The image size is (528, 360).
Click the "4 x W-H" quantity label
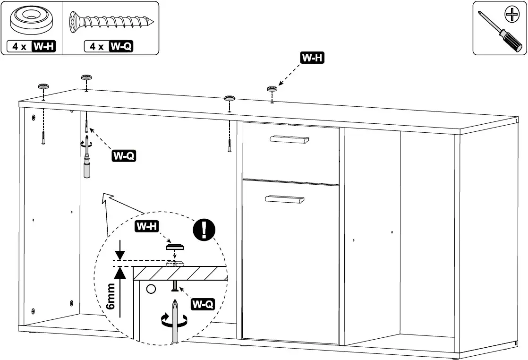pyautogui.click(x=31, y=46)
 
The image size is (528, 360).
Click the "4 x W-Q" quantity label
pyautogui.click(x=108, y=46)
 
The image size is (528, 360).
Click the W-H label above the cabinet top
pyautogui.click(x=313, y=58)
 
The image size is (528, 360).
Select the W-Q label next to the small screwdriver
pyautogui.click(x=124, y=155)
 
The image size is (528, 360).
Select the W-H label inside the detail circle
pyautogui.click(x=146, y=227)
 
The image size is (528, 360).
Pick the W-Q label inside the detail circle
pyautogui.click(x=203, y=304)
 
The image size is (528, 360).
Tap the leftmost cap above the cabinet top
pyautogui.click(x=43, y=86)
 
